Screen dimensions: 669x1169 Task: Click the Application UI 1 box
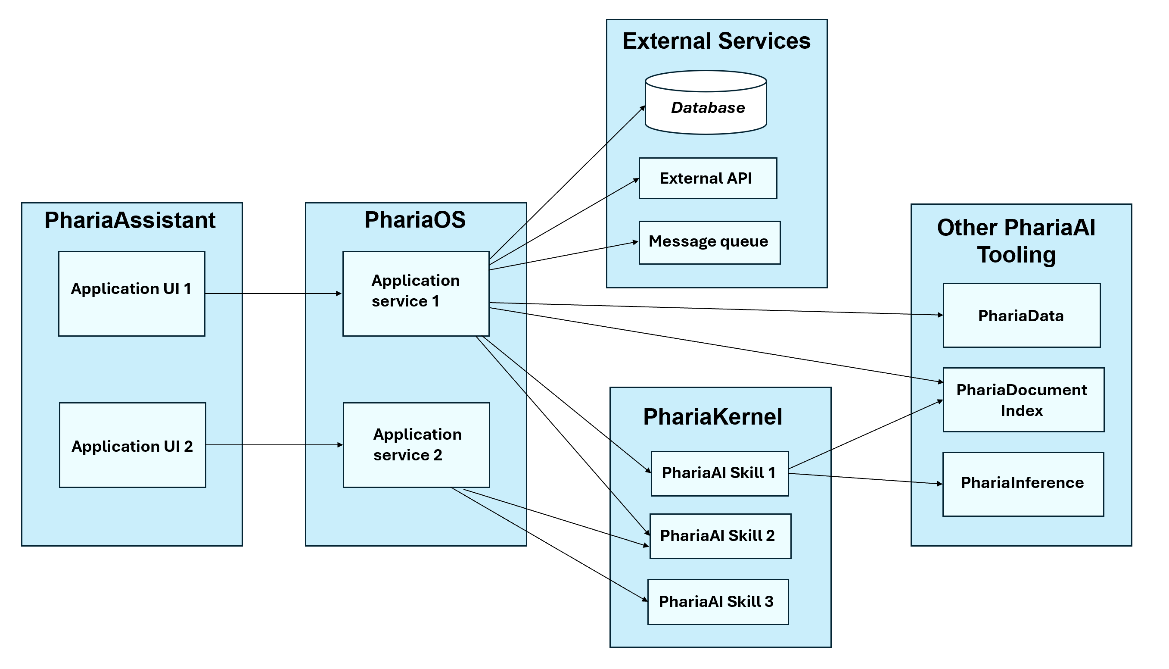coord(132,294)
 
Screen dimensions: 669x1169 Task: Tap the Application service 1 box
coord(416,294)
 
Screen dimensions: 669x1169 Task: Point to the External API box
coord(708,178)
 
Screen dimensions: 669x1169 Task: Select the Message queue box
coord(709,243)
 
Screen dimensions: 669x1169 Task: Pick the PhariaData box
coord(1022,315)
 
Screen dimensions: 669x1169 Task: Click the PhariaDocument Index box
coord(1023,400)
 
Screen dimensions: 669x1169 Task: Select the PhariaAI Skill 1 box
coord(719,474)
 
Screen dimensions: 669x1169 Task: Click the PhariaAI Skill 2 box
coord(720,536)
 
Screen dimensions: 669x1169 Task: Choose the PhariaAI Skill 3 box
coord(718,602)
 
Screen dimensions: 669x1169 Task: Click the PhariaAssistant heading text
coord(130,221)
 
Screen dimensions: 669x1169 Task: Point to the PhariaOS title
coord(415,220)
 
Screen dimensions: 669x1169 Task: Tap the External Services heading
coord(716,41)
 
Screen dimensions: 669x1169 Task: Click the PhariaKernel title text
coord(712,417)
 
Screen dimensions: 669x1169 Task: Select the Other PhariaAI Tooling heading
coord(1016,241)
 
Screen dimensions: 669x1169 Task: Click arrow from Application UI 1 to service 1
coord(273,294)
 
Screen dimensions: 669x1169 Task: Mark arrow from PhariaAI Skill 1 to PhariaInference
coord(865,479)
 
